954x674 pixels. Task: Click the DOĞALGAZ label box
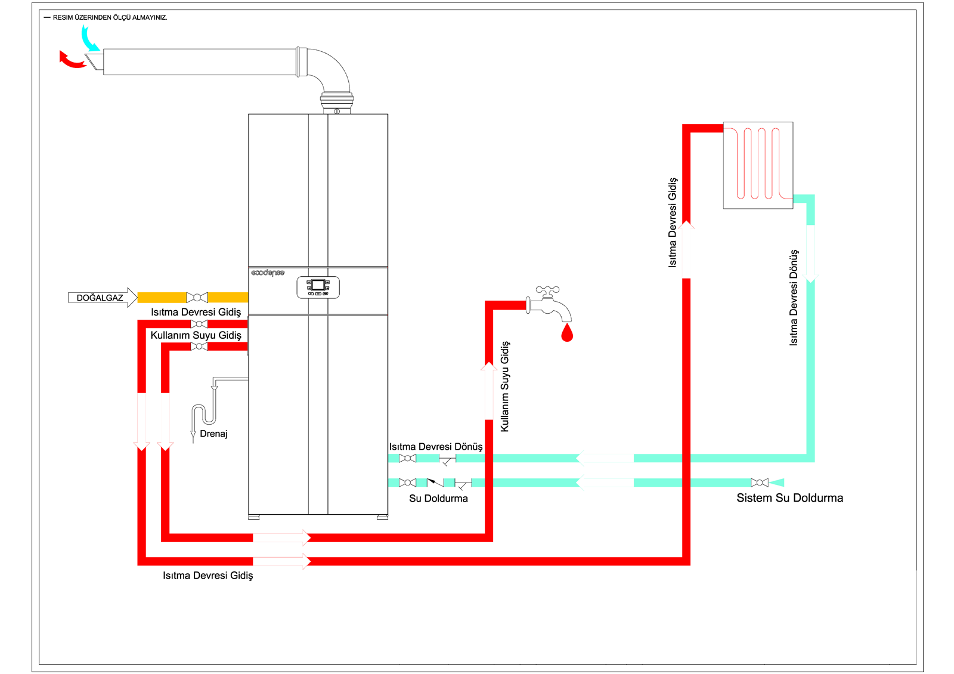click(x=99, y=298)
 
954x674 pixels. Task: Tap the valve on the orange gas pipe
click(x=197, y=297)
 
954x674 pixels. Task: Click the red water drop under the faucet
click(x=567, y=333)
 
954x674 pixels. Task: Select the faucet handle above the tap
click(x=547, y=290)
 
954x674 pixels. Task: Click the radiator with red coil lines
click(x=758, y=165)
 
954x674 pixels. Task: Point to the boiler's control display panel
click(x=318, y=287)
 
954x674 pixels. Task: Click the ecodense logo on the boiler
click(x=268, y=273)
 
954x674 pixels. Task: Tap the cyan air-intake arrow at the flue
click(x=89, y=40)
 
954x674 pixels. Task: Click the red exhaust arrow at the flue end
click(x=71, y=60)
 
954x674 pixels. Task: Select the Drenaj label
click(x=213, y=434)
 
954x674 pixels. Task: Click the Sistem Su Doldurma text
click(x=789, y=498)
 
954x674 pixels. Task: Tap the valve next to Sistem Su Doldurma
click(x=759, y=483)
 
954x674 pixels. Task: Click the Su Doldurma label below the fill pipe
click(x=438, y=499)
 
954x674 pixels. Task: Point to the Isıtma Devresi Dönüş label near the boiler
click(x=436, y=447)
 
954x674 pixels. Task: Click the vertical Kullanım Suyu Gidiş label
click(x=505, y=387)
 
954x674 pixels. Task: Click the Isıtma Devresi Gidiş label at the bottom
click(x=207, y=576)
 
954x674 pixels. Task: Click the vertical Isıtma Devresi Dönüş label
click(x=794, y=298)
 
